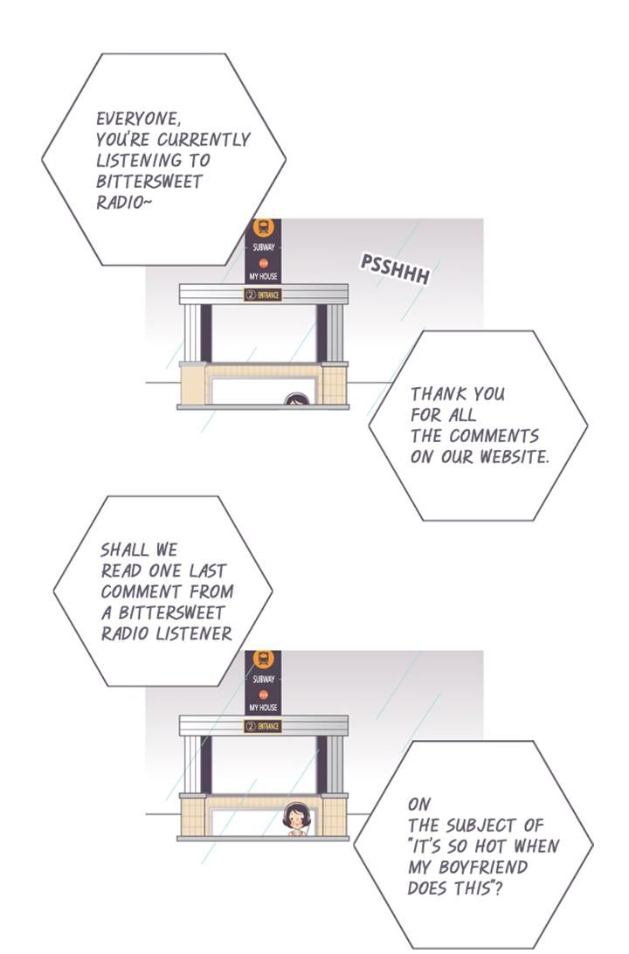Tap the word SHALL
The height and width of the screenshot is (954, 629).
coord(125,550)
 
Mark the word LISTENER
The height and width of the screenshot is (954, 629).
coord(194,634)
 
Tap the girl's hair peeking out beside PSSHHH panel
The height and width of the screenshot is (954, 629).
coord(296,398)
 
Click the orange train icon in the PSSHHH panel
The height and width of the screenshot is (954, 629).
coord(264,228)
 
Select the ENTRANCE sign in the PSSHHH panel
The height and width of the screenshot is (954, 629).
coord(263,295)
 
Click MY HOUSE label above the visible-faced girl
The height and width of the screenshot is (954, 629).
coord(264,708)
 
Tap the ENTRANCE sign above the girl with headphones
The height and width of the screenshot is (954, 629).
coord(263,727)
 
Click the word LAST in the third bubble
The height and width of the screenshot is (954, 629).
coord(207,571)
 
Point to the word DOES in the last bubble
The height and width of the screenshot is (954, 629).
coord(427,888)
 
